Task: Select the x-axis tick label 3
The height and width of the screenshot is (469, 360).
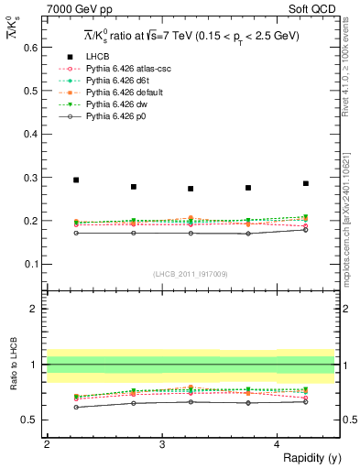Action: [x=162, y=444]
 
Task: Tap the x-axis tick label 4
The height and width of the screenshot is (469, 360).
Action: [x=277, y=444]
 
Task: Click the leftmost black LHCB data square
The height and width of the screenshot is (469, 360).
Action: [x=76, y=180]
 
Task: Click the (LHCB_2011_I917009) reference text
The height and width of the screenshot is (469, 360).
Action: [x=190, y=273]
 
